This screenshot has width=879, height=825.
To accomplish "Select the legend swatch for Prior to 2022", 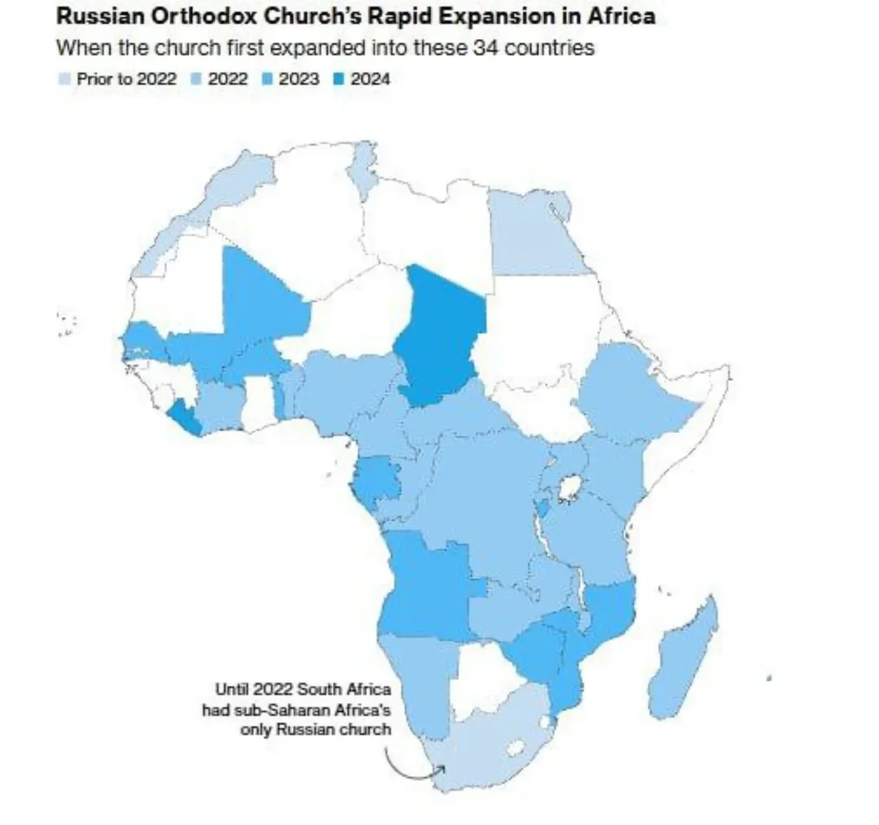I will [x=64, y=79].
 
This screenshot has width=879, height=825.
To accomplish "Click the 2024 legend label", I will [x=370, y=79].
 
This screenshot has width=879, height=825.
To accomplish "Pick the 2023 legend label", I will [x=299, y=79].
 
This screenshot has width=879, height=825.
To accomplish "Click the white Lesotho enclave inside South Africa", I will [x=515, y=745].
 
